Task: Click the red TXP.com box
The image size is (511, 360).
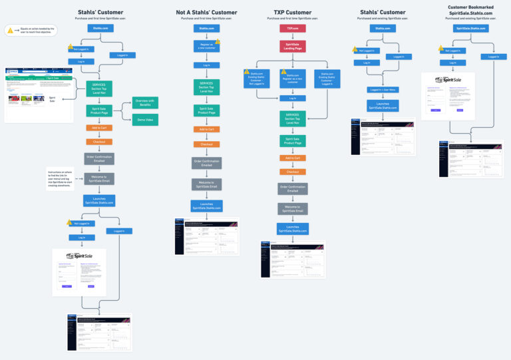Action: (x=292, y=29)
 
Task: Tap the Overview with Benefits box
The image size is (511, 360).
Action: (x=145, y=102)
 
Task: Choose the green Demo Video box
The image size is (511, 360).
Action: (x=145, y=120)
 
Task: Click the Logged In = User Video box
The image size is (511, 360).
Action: (x=383, y=89)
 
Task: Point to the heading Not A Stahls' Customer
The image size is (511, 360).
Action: (x=206, y=12)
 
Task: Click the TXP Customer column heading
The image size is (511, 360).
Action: (x=292, y=12)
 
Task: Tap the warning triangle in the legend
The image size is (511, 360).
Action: (x=11, y=31)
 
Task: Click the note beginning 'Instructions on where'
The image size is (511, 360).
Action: (x=62, y=179)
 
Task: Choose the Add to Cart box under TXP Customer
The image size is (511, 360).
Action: (x=292, y=158)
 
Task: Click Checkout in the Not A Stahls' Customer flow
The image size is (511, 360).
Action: (x=206, y=144)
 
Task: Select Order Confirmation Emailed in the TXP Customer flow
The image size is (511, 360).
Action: (x=292, y=188)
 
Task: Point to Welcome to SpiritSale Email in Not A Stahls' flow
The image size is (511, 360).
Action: (x=206, y=184)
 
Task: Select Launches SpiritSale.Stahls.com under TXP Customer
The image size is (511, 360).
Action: (x=292, y=228)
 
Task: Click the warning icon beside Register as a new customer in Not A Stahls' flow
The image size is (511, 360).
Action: (x=218, y=42)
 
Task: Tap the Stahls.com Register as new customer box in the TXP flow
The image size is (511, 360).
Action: (x=292, y=79)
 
